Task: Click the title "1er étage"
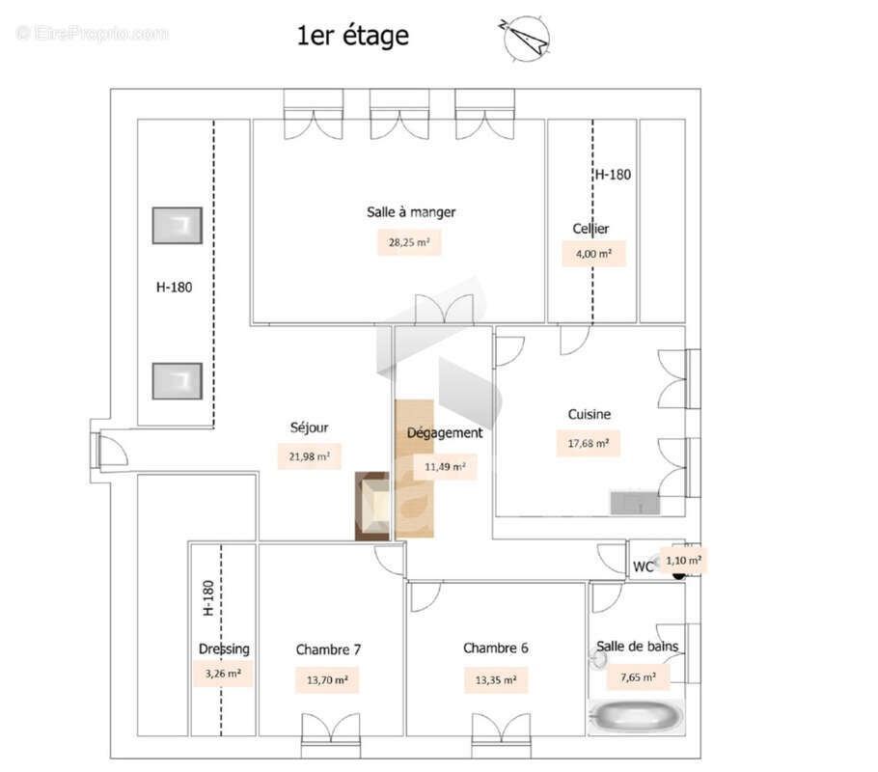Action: click(x=352, y=37)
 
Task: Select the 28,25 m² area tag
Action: click(x=408, y=242)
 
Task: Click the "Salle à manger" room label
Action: click(x=410, y=212)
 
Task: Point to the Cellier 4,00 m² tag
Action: click(x=593, y=254)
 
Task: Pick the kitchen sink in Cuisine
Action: click(x=634, y=503)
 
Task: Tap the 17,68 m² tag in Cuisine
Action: click(x=588, y=444)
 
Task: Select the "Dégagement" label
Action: click(x=444, y=433)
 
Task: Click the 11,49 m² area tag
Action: click(x=445, y=467)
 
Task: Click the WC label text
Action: click(x=644, y=567)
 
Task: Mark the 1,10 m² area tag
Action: click(x=683, y=560)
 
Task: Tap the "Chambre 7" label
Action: click(x=328, y=649)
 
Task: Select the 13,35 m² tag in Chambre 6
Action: click(x=495, y=680)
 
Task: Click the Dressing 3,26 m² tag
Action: click(x=222, y=674)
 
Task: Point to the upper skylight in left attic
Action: click(x=178, y=225)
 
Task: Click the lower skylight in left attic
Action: click(x=178, y=381)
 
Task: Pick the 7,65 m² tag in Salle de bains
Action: click(x=637, y=678)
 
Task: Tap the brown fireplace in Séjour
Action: click(x=372, y=506)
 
